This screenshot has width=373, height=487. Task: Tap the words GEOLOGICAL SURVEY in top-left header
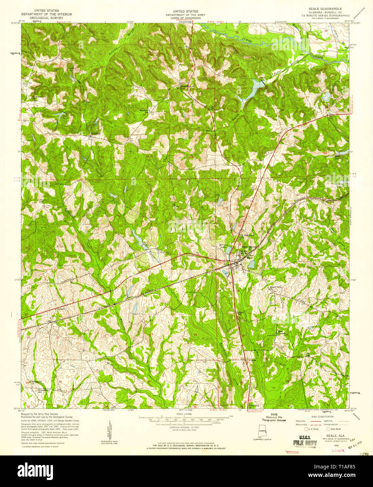tap(47, 18)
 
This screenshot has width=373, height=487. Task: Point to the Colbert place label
tap(61, 309)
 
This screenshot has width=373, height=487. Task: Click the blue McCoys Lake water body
tap(228, 250)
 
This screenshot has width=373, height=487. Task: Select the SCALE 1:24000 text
tap(186, 414)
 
